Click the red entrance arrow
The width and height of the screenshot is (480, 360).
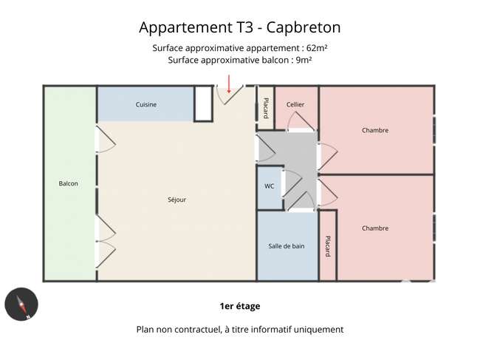coord(229,84)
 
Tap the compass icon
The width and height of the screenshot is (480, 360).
coord(21,304)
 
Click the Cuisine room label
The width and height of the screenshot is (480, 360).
coord(146,104)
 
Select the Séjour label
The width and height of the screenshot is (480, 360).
coord(177,200)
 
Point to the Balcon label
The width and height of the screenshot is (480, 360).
coord(68,183)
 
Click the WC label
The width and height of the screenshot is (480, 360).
coord(269,186)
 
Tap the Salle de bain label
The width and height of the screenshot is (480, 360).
coord(287,246)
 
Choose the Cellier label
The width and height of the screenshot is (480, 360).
coord(295,104)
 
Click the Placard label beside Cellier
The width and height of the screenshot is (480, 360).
coord(266,108)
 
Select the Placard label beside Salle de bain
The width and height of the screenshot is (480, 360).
coord(328,246)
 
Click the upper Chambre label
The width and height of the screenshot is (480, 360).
coord(375,130)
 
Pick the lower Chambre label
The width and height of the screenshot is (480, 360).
coord(375,228)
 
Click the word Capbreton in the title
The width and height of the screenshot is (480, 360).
coord(304,27)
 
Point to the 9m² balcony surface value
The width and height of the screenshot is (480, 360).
coord(304,60)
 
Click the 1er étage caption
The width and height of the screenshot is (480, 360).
coord(240,306)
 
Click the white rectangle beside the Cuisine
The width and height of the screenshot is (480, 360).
coord(203,103)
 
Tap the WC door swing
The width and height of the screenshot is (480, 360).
coord(292,183)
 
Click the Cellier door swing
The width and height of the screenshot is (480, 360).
coord(301,121)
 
